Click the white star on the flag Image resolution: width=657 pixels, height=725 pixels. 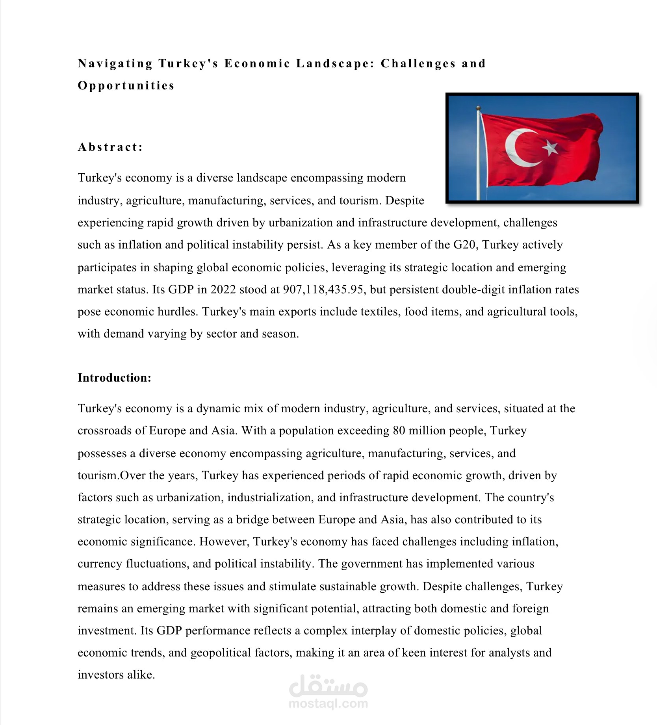click(550, 148)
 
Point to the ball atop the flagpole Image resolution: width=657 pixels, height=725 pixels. click(478, 108)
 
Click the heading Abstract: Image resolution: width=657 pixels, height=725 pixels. click(110, 147)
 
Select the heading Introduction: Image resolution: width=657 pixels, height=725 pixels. click(115, 378)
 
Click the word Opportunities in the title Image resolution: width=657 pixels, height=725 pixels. click(126, 85)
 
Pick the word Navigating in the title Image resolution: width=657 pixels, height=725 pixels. click(115, 63)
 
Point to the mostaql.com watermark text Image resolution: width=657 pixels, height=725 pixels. click(328, 703)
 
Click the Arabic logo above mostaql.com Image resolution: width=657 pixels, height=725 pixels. click(328, 686)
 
